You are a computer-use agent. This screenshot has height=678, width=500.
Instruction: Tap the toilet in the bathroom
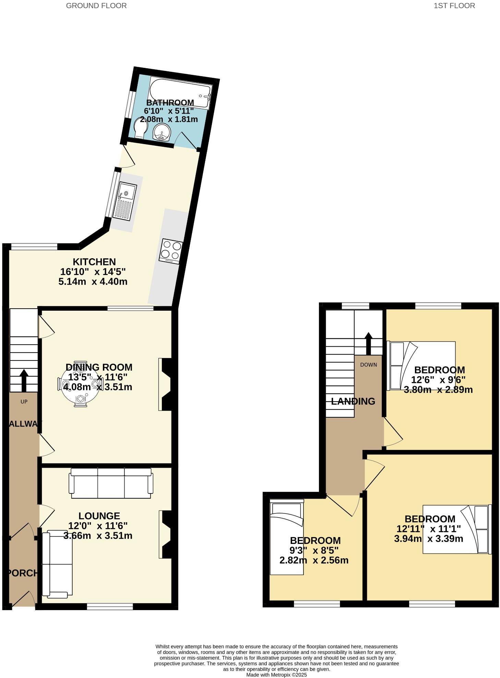pos(141,128)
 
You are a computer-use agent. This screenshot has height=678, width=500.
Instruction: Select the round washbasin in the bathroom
pos(162,132)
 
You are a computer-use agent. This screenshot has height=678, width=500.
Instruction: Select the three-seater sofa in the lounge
pos(111,483)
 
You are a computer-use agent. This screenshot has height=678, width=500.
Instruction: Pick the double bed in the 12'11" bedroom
pos(456,529)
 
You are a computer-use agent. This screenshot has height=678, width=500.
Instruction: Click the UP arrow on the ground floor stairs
pos(24,380)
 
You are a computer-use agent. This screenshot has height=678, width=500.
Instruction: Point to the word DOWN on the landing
pos(368,365)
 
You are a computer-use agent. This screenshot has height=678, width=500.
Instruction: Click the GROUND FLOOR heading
pos(96,6)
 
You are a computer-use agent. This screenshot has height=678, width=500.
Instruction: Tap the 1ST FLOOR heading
pos(454,6)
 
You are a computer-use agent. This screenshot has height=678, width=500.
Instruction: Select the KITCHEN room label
pos(94,262)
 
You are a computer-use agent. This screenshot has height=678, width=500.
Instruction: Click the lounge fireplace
pos(166,535)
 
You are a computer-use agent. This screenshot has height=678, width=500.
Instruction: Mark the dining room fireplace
pos(166,384)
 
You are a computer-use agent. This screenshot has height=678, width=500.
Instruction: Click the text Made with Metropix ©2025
pos(276,675)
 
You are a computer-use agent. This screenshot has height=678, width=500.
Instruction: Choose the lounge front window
pos(110,607)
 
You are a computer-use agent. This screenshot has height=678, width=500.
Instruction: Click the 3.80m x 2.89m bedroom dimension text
pos(438,390)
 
